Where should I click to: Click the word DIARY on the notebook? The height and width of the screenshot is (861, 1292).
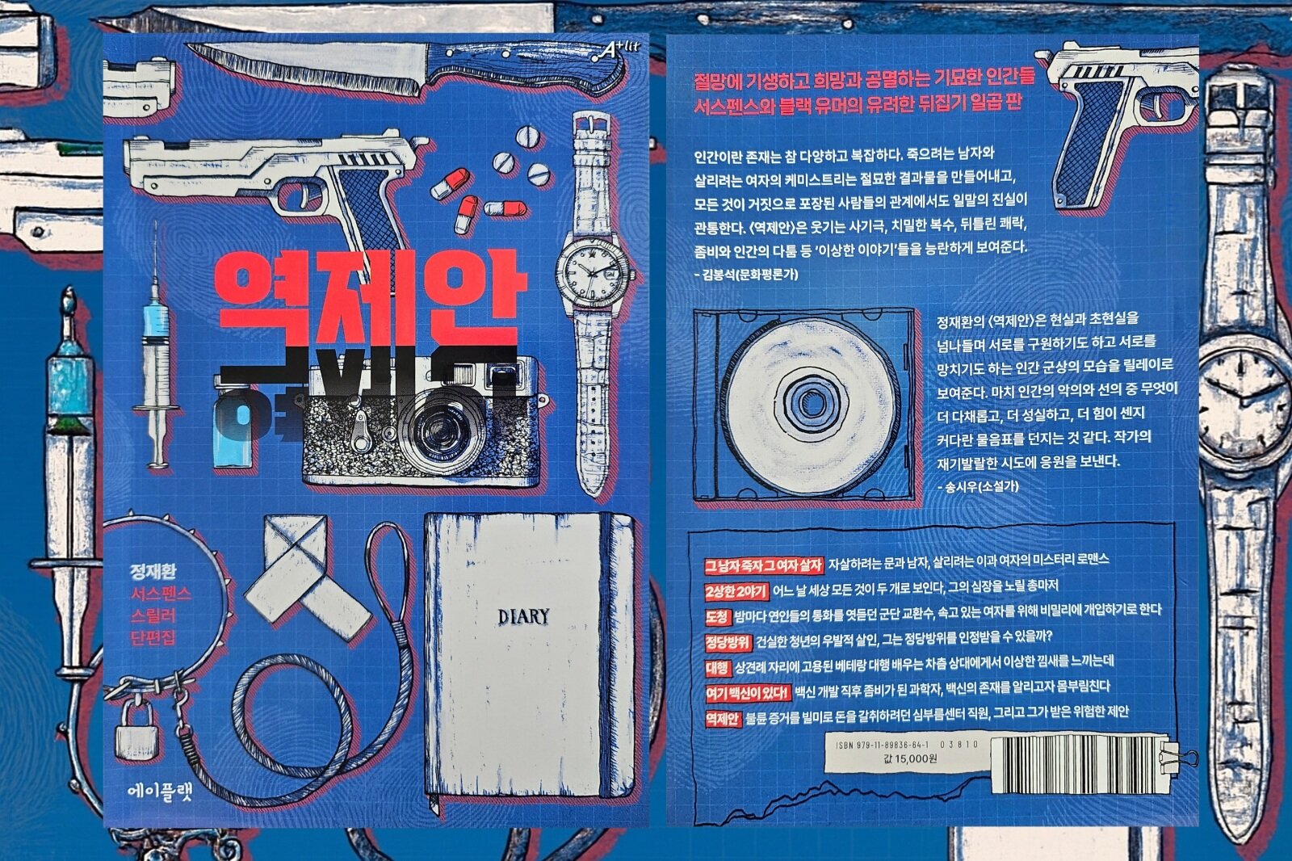coord(523,617)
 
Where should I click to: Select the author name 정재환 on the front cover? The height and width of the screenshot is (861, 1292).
coord(153,572)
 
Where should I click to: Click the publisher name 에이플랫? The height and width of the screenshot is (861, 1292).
coord(160,792)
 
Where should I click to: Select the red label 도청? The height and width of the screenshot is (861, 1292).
coord(717,617)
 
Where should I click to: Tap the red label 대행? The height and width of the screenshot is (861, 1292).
coord(717,668)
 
